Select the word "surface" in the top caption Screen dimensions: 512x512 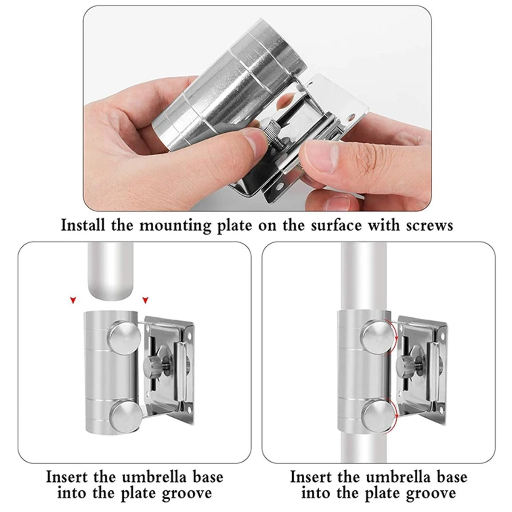click(333, 225)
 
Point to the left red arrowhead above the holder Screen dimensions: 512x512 click(73, 301)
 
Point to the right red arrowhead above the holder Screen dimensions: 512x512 click(146, 301)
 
